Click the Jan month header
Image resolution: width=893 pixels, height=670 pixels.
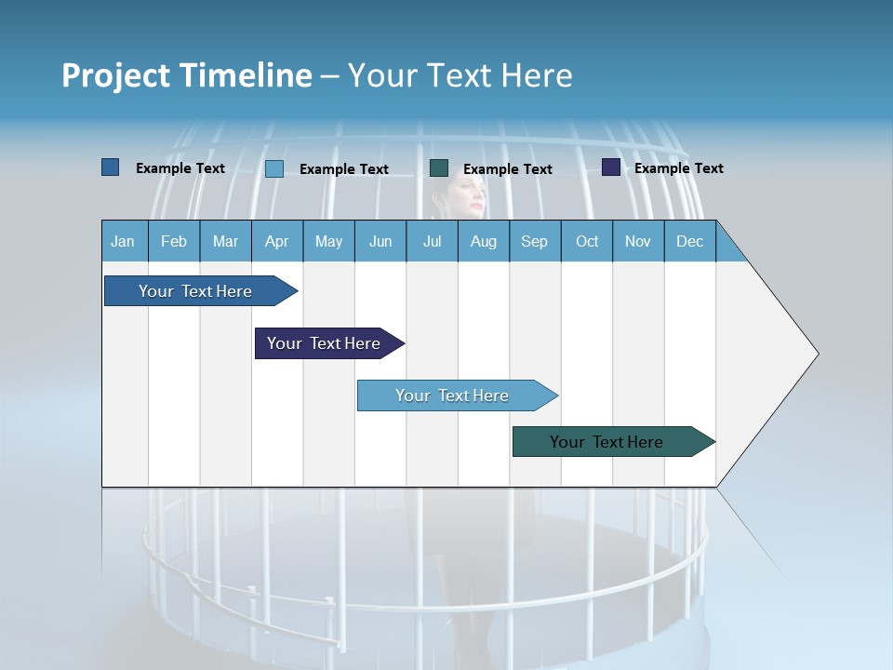pos(123,241)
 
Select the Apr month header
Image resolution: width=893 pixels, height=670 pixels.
pos(277,241)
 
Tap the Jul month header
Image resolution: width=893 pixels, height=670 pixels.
pos(432,241)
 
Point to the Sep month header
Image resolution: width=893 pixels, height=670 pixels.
pos(534,241)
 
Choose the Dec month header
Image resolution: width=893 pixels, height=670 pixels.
pos(689,241)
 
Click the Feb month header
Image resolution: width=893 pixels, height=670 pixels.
pos(174,241)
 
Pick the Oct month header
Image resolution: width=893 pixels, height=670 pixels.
pos(587,241)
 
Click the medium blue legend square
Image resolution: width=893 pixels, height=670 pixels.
pos(111,167)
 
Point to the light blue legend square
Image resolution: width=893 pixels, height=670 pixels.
pos(274,168)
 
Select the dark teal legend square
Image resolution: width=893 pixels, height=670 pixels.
pos(439,167)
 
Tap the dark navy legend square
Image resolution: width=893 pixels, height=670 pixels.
pos(611,167)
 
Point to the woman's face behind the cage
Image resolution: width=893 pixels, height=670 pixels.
pos(465,197)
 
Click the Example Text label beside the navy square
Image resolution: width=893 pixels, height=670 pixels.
pos(678,168)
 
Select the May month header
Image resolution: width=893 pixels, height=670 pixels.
pos(328,241)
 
